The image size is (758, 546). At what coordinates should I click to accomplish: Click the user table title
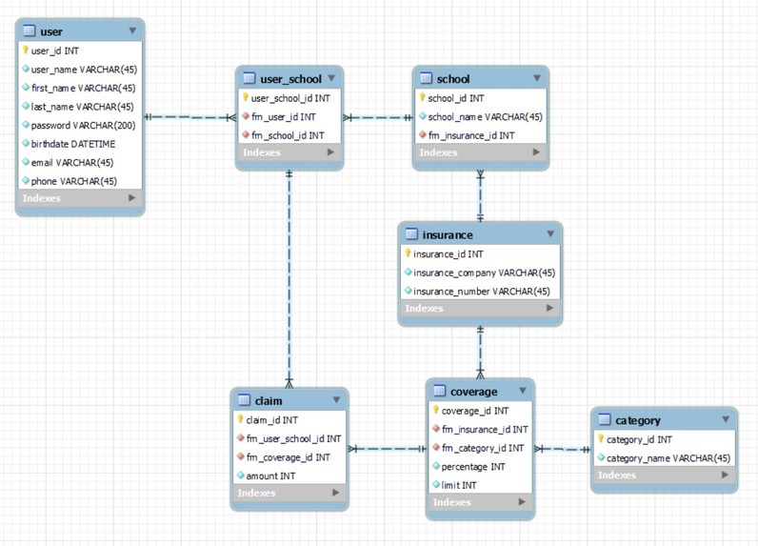tap(51, 31)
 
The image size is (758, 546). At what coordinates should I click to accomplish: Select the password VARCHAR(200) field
tap(82, 125)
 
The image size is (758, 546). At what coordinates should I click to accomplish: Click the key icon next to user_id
tap(25, 51)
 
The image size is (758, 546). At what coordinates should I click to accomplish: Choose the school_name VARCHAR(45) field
tap(485, 116)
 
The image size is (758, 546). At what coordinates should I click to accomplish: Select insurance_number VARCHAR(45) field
tap(481, 291)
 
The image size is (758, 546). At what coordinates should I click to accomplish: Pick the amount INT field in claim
tap(270, 475)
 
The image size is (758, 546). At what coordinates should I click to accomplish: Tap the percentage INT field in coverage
tap(472, 467)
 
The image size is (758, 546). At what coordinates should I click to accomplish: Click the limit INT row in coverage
tap(459, 485)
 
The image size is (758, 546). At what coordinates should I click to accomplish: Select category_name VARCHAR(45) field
tap(668, 458)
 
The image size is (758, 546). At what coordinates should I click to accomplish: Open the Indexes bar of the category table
tap(663, 475)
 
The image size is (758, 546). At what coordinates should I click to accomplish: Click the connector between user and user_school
tap(190, 117)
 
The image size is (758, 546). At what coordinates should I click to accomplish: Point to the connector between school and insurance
tap(480, 196)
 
